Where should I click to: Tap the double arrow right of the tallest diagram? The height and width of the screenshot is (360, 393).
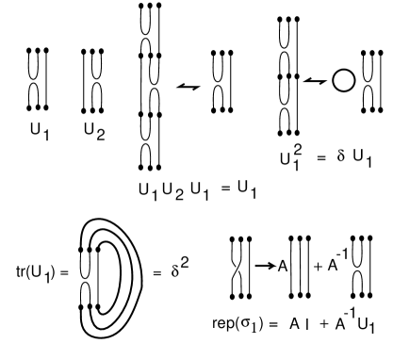[x=191, y=86]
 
